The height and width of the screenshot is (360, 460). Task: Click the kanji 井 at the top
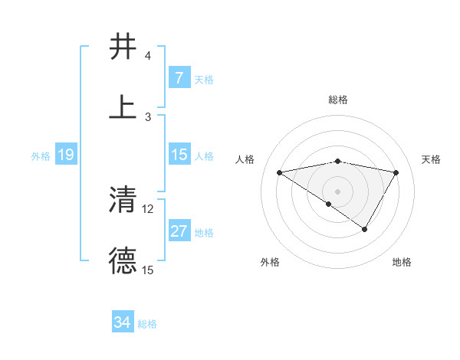tap(123, 47)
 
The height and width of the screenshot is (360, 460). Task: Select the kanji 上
tap(123, 107)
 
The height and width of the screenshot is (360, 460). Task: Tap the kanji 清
tap(123, 201)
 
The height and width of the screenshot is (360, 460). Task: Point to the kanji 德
tap(123, 261)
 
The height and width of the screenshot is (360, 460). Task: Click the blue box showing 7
tap(179, 78)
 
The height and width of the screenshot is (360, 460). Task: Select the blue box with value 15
tap(179, 155)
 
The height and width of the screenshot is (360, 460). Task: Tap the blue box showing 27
tap(179, 231)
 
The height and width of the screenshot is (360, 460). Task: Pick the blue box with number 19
tap(65, 155)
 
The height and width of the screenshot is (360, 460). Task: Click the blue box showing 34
tap(123, 322)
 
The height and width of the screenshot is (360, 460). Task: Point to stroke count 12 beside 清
tap(148, 208)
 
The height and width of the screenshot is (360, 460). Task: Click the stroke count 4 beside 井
tap(148, 56)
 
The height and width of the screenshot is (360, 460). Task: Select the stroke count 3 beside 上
tap(148, 116)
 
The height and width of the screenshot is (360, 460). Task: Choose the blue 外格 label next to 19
tap(41, 155)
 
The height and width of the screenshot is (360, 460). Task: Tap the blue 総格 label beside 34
tap(147, 323)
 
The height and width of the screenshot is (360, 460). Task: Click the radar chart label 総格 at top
tap(338, 100)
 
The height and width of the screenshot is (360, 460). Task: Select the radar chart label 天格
tap(431, 159)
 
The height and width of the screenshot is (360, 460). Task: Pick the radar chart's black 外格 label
tap(270, 262)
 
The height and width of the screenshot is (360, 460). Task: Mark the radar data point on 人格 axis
tap(280, 172)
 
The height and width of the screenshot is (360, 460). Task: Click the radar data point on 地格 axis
tap(365, 229)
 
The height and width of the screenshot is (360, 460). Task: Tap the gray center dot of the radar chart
tap(338, 191)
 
